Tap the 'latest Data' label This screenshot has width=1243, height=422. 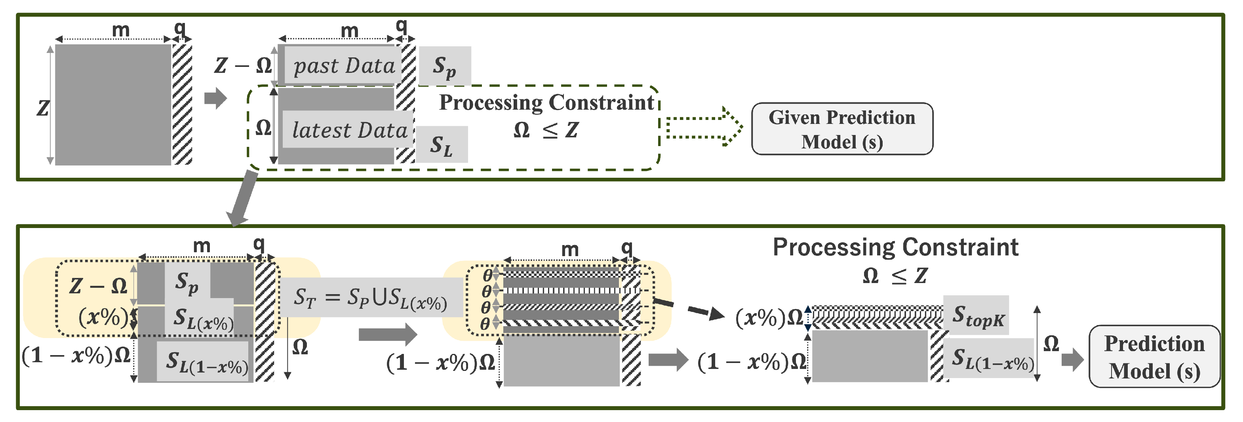coord(349,130)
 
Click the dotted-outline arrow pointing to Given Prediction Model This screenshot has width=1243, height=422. coord(704,127)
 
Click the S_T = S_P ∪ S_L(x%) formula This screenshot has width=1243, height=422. coord(371,298)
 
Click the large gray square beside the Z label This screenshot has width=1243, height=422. coord(113,105)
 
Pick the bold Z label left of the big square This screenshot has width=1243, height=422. coord(43,108)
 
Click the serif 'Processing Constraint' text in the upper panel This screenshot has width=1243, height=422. coord(546,103)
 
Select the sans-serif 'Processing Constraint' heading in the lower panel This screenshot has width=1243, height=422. coord(895,247)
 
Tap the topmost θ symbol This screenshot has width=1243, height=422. coord(487,276)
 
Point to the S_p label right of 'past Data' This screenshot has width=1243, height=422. coord(444,67)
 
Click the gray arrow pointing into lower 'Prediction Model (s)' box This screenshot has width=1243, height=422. coord(1073,359)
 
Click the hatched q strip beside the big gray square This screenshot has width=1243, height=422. coord(182,105)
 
